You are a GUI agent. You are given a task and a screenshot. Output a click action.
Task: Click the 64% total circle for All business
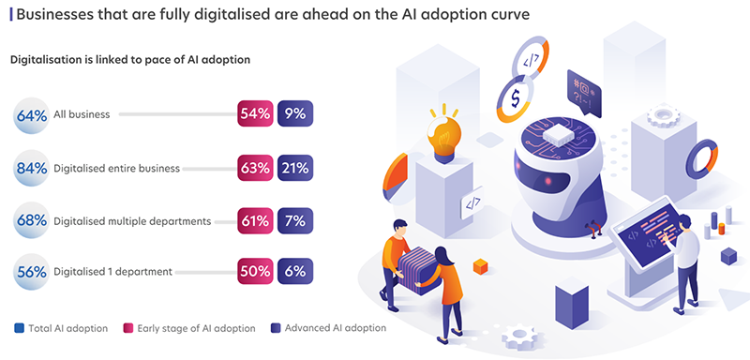tap(32, 115)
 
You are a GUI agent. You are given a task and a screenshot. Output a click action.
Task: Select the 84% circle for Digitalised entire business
tap(32, 168)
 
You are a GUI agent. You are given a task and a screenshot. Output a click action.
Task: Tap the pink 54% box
tap(255, 113)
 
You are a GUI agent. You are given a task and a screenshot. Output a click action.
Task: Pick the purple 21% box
tap(295, 168)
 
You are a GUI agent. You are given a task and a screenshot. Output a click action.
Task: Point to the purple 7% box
tap(295, 220)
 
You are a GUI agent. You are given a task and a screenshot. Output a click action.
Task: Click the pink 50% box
tap(255, 271)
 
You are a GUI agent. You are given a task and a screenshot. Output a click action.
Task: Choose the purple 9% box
tap(295, 113)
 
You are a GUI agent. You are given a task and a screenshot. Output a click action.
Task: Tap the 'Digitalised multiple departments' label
tap(132, 221)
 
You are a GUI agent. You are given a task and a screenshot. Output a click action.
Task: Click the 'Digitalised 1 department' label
tap(112, 272)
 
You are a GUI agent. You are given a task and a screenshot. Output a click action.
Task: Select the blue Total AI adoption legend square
tap(19, 328)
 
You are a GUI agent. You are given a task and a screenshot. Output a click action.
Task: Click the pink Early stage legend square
tap(128, 328)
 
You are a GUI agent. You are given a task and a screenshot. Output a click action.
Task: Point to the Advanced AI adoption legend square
tap(276, 328)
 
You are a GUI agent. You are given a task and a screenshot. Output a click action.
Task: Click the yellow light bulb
tap(443, 136)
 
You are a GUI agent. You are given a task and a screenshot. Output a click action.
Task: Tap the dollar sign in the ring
tap(515, 98)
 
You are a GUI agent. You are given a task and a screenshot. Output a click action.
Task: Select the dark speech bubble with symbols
tap(583, 93)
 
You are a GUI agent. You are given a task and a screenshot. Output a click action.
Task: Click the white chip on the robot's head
tap(555, 133)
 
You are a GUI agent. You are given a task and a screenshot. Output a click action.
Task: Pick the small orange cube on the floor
tap(480, 266)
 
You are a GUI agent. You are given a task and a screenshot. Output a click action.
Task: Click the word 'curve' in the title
tap(512, 14)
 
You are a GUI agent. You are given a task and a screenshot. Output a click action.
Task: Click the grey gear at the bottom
tap(520, 337)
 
